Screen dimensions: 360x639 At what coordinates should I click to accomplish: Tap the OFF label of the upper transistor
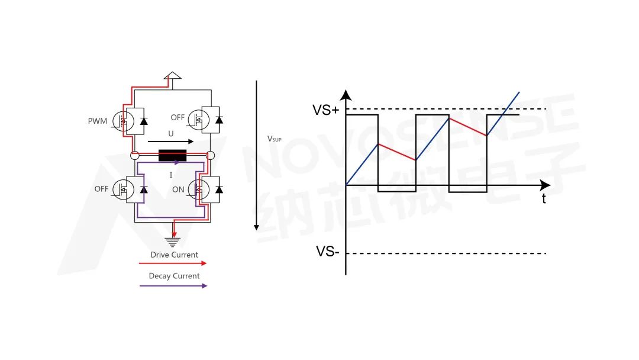pos(178,117)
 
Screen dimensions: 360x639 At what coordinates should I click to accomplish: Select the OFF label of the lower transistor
pos(101,189)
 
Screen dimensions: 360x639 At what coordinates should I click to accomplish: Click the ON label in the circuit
pos(178,189)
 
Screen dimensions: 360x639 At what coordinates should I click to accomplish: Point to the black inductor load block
pos(172,156)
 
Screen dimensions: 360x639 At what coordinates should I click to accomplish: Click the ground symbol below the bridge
pos(173,240)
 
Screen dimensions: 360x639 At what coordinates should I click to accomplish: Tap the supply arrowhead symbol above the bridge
pos(172,76)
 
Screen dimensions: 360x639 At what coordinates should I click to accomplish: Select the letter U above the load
pos(171,134)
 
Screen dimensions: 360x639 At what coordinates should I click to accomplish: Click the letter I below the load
pos(171,175)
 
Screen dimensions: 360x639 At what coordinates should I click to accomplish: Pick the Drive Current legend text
pos(174,255)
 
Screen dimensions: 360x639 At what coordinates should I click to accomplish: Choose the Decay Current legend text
pos(174,276)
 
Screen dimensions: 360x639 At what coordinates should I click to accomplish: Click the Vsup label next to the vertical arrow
pos(275,139)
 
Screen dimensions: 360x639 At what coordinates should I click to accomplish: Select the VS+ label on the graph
pos(326,110)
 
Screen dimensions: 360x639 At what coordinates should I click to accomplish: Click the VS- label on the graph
pos(327,252)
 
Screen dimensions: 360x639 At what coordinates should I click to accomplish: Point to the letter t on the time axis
pos(544,199)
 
